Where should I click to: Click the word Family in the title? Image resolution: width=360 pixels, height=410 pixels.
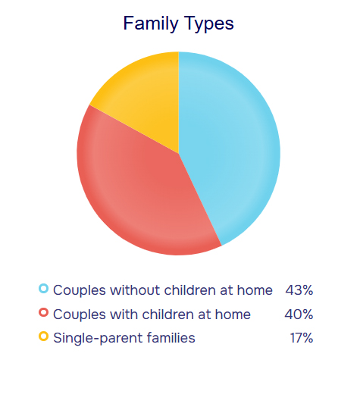pos(151,23)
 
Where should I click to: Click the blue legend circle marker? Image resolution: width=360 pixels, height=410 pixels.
pos(44,289)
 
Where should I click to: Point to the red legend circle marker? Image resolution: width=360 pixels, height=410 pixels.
pos(44,312)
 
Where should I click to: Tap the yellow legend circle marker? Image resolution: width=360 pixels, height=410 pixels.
pos(44,336)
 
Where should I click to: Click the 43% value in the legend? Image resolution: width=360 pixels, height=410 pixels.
pos(299,290)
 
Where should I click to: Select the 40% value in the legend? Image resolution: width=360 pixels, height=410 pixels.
pos(299,314)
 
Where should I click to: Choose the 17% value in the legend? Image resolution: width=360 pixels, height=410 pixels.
pos(302,338)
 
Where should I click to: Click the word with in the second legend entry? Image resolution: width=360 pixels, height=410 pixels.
pos(124,314)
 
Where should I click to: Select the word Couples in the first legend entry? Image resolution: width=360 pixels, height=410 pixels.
pos(80,291)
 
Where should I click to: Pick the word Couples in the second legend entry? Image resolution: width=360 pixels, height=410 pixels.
pos(80,315)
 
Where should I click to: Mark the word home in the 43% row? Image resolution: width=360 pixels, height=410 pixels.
pos(255,290)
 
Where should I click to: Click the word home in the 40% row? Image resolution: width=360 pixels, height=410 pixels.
pos(233,314)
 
